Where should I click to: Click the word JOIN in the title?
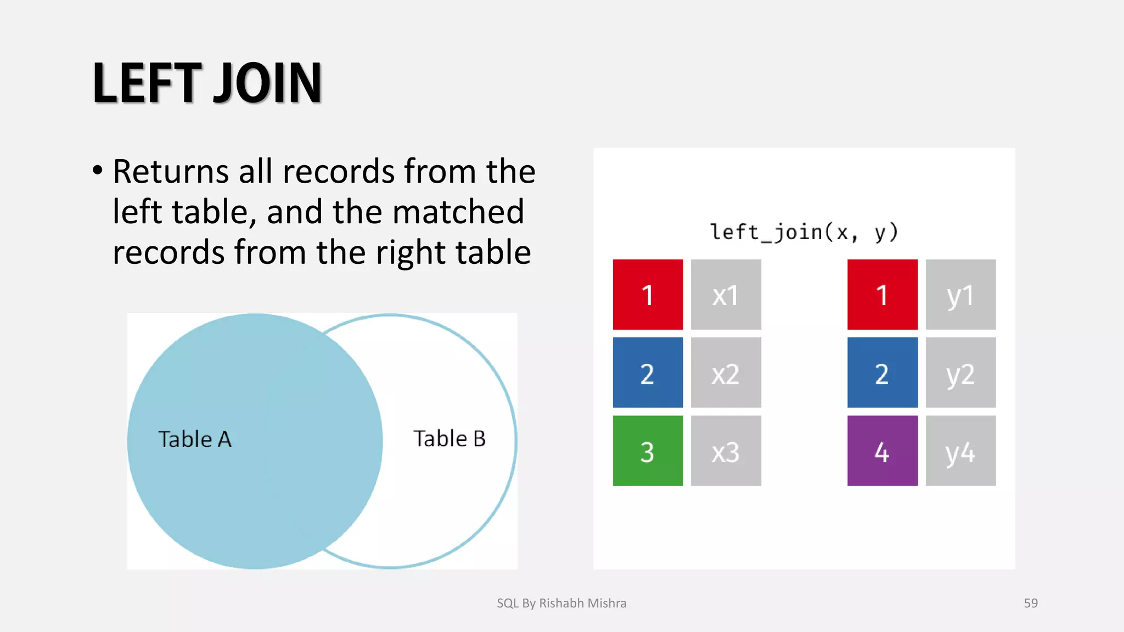[267, 83]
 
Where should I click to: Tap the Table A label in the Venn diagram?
[195, 439]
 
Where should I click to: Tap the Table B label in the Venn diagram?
[449, 439]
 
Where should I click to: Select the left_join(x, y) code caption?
[803, 232]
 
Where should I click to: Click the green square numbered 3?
[648, 451]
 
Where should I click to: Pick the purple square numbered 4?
[882, 451]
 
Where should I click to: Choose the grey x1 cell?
[726, 295]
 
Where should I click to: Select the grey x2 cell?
[726, 373]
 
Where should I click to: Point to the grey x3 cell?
[726, 451]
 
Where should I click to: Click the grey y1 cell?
[960, 295]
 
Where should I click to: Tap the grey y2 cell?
[960, 373]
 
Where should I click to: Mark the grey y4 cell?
[960, 451]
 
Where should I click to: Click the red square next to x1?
[648, 295]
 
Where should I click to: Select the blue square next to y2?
[882, 373]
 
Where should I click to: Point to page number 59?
[1031, 603]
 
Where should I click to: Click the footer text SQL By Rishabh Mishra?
[561, 603]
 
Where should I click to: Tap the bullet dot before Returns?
[98, 170]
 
